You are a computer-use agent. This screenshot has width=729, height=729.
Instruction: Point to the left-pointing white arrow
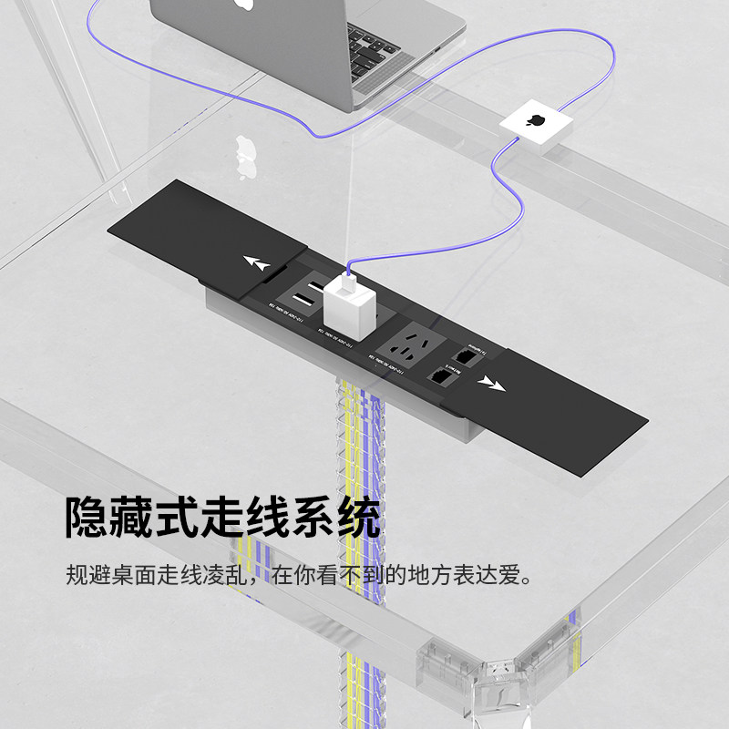(x=258, y=265)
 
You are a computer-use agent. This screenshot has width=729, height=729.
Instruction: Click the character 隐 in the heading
(x=87, y=517)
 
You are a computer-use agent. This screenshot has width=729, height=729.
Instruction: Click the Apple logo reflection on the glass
(x=243, y=149)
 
